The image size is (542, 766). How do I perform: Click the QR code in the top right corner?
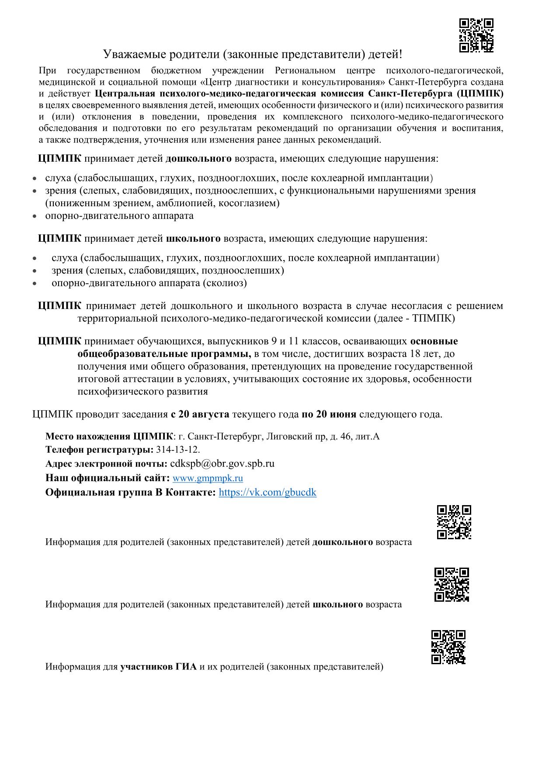click(476, 35)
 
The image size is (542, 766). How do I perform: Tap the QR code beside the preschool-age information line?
click(454, 522)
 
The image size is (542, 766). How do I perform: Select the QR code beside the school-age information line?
click(452, 585)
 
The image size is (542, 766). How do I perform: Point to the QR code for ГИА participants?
click(448, 647)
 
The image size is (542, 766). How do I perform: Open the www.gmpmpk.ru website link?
click(208, 478)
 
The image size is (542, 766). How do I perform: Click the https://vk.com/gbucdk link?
click(267, 492)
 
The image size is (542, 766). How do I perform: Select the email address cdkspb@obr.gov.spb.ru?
click(222, 464)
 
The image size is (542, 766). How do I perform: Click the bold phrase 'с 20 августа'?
click(200, 414)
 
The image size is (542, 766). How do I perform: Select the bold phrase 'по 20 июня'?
click(329, 414)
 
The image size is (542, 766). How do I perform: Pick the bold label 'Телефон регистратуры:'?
click(99, 450)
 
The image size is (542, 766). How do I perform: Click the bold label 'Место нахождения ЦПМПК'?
click(109, 436)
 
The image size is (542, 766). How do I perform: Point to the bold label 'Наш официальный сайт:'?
click(108, 478)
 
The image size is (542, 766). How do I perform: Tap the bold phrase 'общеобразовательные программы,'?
click(164, 354)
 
